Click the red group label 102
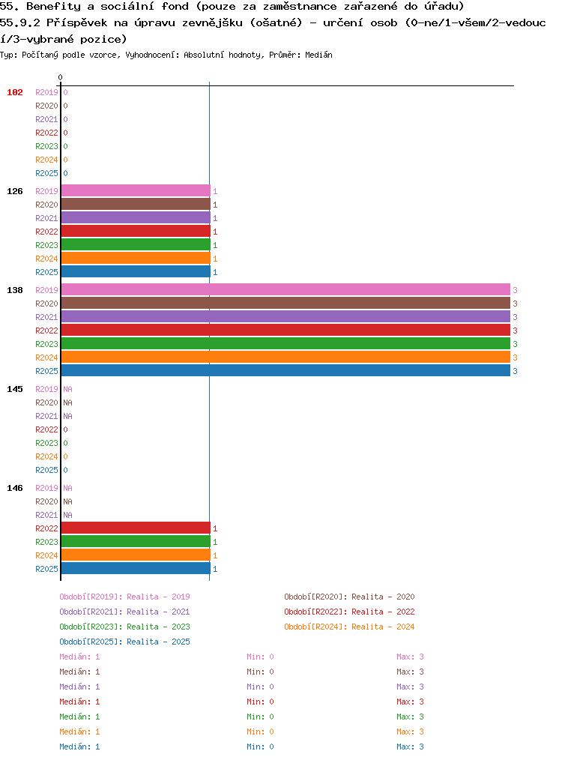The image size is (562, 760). pyautogui.click(x=14, y=92)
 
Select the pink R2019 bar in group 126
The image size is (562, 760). pyautogui.click(x=136, y=190)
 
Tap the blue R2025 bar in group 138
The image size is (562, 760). pyautogui.click(x=285, y=370)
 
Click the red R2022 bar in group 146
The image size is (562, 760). pyautogui.click(x=136, y=528)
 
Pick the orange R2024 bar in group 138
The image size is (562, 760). pyautogui.click(x=285, y=357)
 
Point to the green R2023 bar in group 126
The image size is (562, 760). pyautogui.click(x=136, y=245)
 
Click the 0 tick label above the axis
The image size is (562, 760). pyautogui.click(x=60, y=77)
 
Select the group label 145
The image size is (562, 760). pyautogui.click(x=14, y=389)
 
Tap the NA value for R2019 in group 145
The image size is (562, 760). pyautogui.click(x=68, y=389)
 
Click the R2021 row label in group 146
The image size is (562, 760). pyautogui.click(x=46, y=515)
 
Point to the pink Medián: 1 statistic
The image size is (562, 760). pyautogui.click(x=79, y=657)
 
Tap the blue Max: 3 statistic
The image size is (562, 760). pyautogui.click(x=410, y=747)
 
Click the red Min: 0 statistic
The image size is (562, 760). pyautogui.click(x=260, y=702)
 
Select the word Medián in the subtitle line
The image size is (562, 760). pyautogui.click(x=318, y=55)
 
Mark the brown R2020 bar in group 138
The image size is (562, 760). pyautogui.click(x=285, y=303)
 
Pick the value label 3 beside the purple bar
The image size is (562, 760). pyautogui.click(x=515, y=317)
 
